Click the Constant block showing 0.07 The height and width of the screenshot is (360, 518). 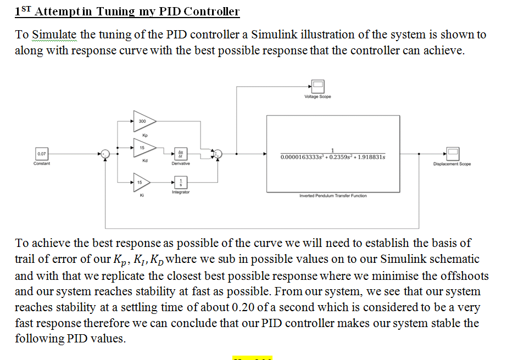(x=42, y=154)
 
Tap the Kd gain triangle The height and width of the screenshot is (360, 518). (x=144, y=148)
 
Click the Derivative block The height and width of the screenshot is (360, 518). (x=181, y=153)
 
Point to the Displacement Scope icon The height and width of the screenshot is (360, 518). (x=452, y=154)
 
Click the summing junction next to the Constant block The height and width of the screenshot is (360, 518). (x=105, y=154)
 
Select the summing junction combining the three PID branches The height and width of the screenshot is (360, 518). (x=218, y=154)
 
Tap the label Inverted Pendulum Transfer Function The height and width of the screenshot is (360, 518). (x=333, y=196)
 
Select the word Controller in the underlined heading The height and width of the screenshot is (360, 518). (x=211, y=12)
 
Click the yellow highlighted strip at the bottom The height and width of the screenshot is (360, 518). (x=252, y=358)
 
